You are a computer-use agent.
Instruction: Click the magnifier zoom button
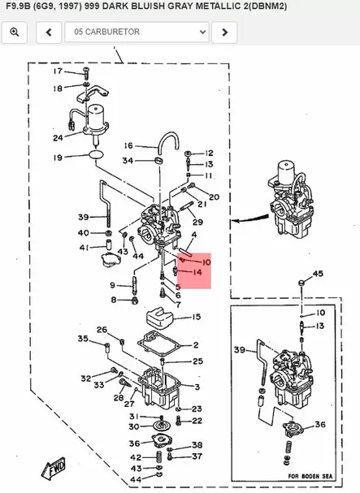click(x=16, y=32)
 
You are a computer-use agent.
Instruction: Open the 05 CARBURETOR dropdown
click(x=140, y=32)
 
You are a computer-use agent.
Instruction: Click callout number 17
click(x=58, y=72)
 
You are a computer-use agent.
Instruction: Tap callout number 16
click(x=128, y=146)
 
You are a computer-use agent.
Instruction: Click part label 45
click(x=318, y=274)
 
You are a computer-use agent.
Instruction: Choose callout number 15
click(x=197, y=317)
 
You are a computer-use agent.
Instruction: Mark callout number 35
click(x=82, y=338)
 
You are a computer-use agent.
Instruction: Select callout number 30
click(x=133, y=426)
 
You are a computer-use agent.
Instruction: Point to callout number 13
click(x=320, y=326)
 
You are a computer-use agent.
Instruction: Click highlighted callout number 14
click(x=197, y=274)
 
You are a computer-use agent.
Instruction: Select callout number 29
click(x=197, y=222)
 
